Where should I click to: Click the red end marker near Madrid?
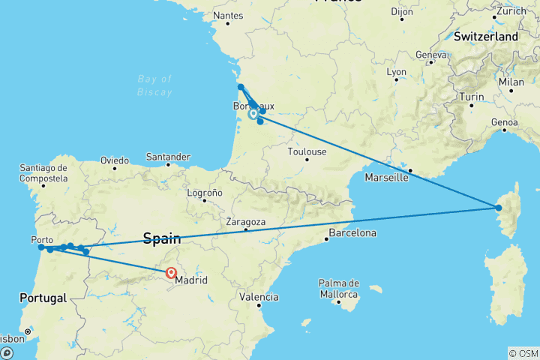click(x=172, y=273)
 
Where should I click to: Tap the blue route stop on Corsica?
click(x=499, y=207)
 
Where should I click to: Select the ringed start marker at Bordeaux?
click(x=253, y=115)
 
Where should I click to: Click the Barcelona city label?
click(x=351, y=233)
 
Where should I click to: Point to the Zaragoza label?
click(x=246, y=222)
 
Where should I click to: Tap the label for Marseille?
click(x=386, y=178)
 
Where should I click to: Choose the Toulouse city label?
click(x=307, y=151)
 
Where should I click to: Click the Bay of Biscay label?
click(x=156, y=85)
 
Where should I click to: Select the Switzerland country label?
click(x=486, y=36)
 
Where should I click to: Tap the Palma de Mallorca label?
click(x=340, y=289)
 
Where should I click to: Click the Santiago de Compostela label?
click(x=46, y=172)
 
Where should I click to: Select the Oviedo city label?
click(x=115, y=160)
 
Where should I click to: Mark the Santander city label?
click(x=169, y=157)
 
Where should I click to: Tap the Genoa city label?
click(x=504, y=121)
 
